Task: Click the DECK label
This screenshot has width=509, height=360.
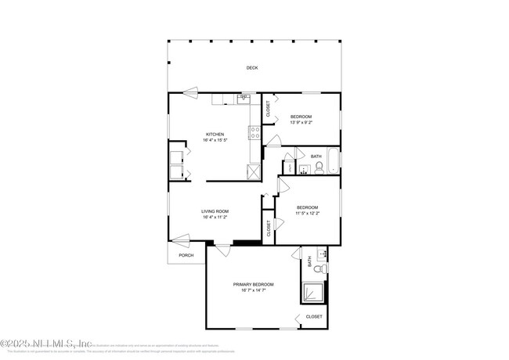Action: tap(252, 68)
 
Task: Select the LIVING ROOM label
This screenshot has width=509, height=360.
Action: tap(215, 211)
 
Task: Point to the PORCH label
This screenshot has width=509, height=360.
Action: tap(186, 255)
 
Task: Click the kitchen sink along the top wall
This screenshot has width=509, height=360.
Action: tap(244, 99)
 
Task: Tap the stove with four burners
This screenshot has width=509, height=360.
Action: tap(255, 132)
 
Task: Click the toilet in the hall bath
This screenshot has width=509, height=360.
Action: tap(308, 167)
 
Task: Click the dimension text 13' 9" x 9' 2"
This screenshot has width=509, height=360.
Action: tap(301, 122)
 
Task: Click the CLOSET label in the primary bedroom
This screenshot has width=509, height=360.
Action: tap(313, 317)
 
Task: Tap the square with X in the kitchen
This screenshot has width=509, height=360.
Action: tap(254, 172)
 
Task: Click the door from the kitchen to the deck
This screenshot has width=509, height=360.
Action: tap(191, 93)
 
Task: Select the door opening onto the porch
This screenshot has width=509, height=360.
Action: tap(181, 239)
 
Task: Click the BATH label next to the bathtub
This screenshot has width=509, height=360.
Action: tap(316, 156)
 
